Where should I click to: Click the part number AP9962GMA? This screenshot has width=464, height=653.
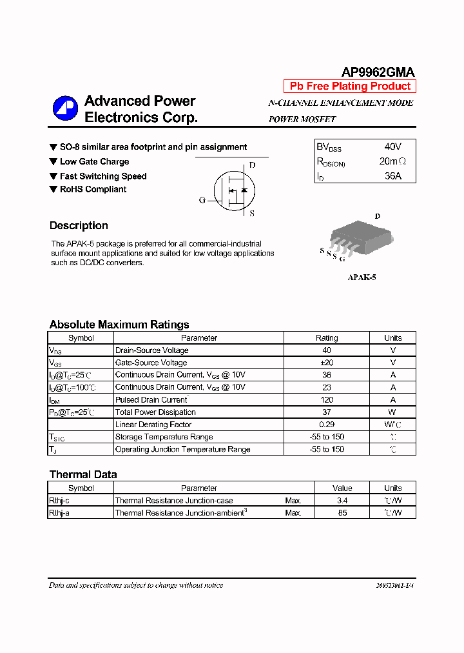378,72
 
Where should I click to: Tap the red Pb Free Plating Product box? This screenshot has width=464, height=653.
350,86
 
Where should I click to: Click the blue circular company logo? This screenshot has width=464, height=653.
65,108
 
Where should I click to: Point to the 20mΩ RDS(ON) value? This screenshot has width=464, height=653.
392,161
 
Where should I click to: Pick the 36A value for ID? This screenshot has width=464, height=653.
392,176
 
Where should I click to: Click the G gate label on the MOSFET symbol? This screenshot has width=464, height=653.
202,200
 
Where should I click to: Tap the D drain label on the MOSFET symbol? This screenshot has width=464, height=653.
252,165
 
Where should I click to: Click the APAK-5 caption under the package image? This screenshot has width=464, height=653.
362,277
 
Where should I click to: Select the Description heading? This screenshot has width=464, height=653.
79,226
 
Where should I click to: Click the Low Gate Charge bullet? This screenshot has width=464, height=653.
94,162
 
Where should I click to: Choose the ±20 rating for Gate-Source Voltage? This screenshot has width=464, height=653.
326,363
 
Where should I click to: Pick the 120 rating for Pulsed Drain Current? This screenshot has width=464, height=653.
326,400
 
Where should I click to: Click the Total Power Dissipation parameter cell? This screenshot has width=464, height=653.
155,412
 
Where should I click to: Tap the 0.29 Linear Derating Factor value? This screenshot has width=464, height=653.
326,425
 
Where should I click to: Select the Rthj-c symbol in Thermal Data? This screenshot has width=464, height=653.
60,501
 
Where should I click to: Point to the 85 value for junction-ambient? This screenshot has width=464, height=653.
342,513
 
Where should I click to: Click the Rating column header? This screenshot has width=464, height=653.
326,338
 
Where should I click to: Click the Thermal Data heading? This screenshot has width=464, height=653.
83,475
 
